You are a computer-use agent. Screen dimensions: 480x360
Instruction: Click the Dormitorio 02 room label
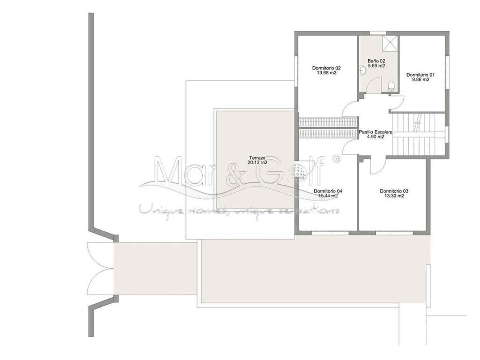pyautogui.click(x=326, y=68)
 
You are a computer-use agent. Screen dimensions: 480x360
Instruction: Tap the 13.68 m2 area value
pyautogui.click(x=326, y=73)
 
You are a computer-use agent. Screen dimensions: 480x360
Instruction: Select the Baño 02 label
pyautogui.click(x=376, y=61)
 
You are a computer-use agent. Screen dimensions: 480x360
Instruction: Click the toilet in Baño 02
pyautogui.click(x=391, y=86)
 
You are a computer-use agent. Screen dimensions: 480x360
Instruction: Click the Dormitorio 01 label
pyautogui.click(x=420, y=75)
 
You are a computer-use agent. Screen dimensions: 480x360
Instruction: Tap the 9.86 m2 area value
pyautogui.click(x=420, y=80)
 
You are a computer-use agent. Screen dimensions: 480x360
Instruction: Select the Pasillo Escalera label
pyautogui.click(x=375, y=132)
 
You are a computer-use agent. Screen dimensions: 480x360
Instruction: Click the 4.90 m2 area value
pyautogui.click(x=375, y=137)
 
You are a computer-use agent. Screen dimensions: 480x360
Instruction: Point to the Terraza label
pyautogui.click(x=257, y=157)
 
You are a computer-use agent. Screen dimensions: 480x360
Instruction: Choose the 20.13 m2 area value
pyautogui.click(x=257, y=163)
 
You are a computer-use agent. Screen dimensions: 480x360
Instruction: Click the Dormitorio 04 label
pyautogui.click(x=328, y=191)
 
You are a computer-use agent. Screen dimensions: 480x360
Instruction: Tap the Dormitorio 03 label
pyautogui.click(x=394, y=191)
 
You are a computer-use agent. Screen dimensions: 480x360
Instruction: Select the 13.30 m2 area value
pyautogui.click(x=394, y=196)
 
